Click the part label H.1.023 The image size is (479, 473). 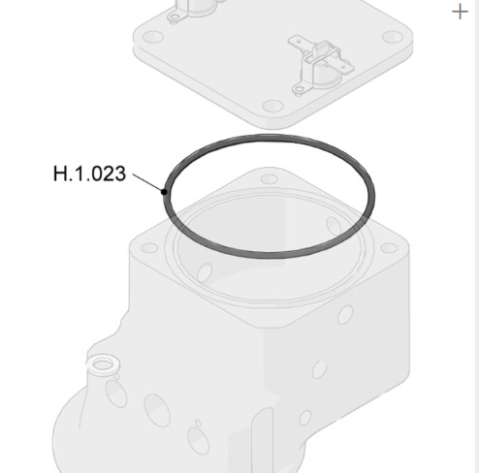pyautogui.click(x=89, y=176)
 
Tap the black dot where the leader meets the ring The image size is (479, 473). pyautogui.click(x=165, y=191)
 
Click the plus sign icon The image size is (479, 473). pyautogui.click(x=461, y=12)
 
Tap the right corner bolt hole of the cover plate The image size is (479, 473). pyautogui.click(x=391, y=37)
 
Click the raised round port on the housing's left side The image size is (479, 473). pyautogui.click(x=102, y=364)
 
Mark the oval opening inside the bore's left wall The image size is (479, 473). pyautogui.click(x=206, y=268)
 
